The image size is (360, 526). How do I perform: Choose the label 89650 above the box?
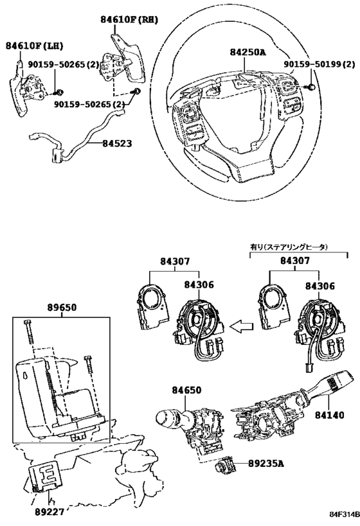(61, 308)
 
